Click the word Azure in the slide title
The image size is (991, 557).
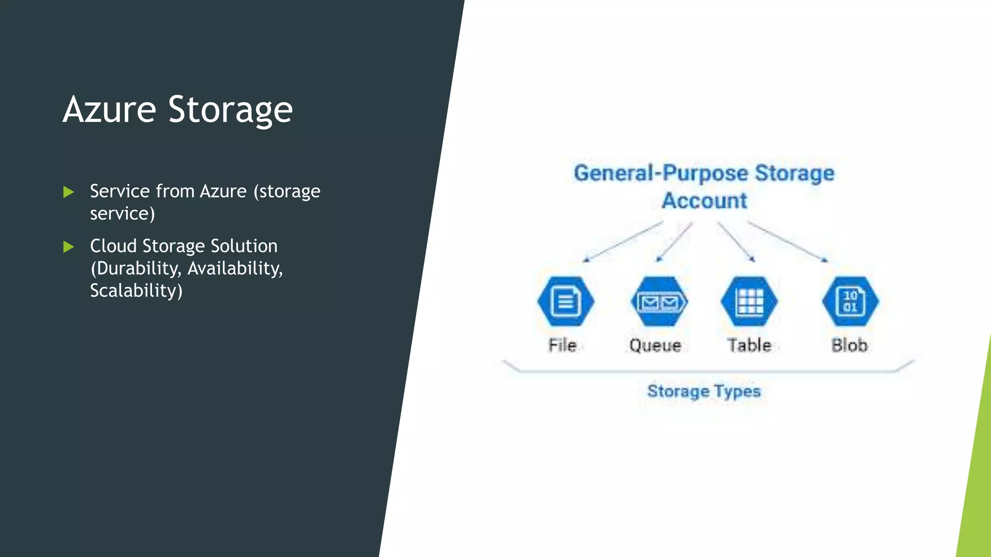(109, 110)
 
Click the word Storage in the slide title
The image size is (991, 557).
(230, 110)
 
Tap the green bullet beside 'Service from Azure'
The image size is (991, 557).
(69, 192)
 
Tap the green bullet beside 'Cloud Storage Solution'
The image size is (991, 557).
(69, 247)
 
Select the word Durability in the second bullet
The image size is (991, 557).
(137, 268)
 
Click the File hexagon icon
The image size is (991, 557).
(565, 301)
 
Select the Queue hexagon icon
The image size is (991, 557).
(659, 301)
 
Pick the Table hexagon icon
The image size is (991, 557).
(749, 301)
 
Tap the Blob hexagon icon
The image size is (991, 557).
(850, 301)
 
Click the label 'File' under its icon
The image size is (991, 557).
(562, 345)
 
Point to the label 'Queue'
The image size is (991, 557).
(655, 345)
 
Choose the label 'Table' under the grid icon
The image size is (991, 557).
(749, 345)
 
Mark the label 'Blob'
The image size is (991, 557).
(849, 345)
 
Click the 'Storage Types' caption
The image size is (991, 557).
(704, 391)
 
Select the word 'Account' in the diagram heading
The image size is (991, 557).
(705, 201)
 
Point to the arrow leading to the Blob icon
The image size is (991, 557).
(788, 242)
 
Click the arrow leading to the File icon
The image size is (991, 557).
(623, 242)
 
